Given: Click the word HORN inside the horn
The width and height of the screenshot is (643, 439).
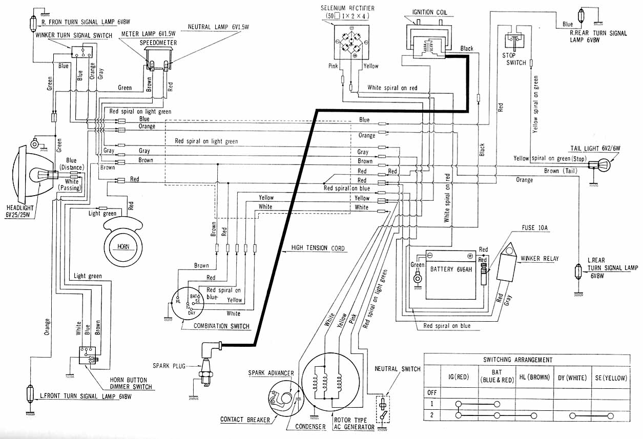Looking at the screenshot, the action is click(123, 246).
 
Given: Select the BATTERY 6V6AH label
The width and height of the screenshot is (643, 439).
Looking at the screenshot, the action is click(451, 269).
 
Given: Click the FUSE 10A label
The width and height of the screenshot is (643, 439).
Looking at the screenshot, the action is click(534, 228).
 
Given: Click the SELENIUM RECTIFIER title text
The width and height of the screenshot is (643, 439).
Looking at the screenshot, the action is click(347, 8).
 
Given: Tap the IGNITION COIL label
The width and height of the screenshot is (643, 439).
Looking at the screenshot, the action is click(430, 12).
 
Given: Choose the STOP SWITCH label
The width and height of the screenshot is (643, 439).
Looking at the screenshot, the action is click(514, 59).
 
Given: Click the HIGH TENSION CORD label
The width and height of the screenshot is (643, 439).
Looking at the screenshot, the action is click(318, 248).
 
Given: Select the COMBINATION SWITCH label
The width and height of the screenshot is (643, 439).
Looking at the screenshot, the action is click(221, 326).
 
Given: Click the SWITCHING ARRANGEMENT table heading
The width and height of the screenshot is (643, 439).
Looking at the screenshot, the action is click(517, 360).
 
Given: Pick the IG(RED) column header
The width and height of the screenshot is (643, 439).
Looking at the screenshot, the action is click(459, 377).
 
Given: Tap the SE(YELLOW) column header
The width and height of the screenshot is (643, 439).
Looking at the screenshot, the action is click(611, 378).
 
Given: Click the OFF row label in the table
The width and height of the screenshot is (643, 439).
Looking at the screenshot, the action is click(432, 392).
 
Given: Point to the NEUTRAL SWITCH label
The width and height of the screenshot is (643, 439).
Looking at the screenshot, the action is click(397, 369).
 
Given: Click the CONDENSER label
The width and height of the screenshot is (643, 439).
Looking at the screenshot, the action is click(310, 427).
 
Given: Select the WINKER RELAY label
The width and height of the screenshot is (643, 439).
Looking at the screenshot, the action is click(540, 259).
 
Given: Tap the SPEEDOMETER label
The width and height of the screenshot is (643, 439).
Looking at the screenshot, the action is click(158, 43).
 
